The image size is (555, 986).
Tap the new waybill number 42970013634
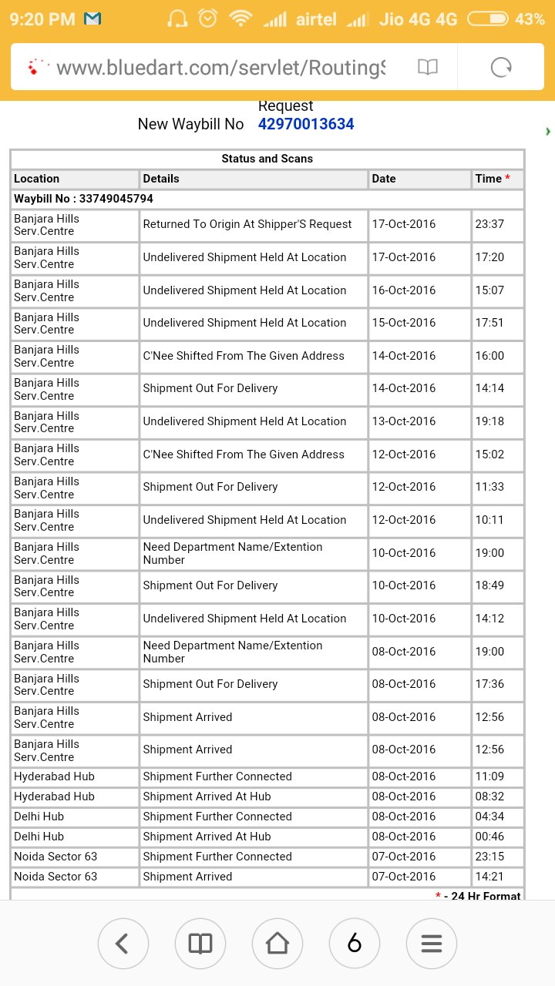306,124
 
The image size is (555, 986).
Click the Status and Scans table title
267,159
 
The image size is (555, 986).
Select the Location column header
37,179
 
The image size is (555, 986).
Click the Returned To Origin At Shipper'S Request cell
247,224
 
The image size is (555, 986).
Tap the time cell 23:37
489,224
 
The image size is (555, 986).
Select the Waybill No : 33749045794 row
83,199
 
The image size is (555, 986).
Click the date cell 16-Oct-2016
404,290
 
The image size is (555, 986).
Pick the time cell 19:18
489,421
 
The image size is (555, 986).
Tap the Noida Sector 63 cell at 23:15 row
55,857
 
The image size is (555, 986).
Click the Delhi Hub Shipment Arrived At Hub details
207,837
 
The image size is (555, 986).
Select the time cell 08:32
489,797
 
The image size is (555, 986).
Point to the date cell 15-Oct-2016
404,323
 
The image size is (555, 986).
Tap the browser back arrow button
123,943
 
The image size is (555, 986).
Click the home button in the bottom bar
277,943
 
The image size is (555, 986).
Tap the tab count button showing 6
355,943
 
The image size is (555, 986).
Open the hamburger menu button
432,943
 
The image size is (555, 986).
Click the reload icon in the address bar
501,68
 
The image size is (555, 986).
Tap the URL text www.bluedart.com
220,68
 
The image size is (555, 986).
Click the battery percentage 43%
530,19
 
